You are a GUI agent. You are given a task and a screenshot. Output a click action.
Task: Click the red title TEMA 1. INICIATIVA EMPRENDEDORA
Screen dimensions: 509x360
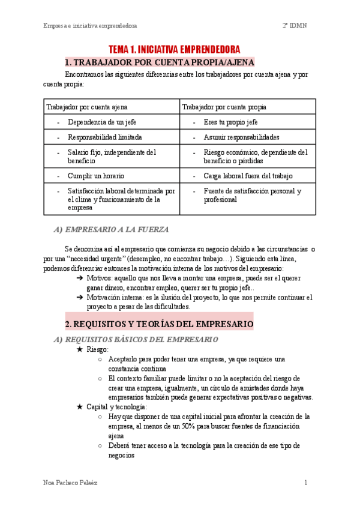pyautogui.click(x=174, y=49)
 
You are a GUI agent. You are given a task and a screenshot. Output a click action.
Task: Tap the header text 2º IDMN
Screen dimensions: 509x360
pyautogui.click(x=295, y=26)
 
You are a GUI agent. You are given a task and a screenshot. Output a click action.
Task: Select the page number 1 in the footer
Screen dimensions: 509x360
pyautogui.click(x=305, y=483)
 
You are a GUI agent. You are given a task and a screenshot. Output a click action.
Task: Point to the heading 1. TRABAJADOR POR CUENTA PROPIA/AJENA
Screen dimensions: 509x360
pyautogui.click(x=160, y=62)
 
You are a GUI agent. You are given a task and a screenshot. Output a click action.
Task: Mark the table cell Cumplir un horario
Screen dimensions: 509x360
pyautogui.click(x=95, y=176)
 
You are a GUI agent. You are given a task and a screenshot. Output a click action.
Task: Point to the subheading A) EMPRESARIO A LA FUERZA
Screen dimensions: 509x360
pyautogui.click(x=111, y=229)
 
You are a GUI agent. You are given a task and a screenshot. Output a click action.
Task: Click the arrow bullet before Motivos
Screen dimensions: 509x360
pyautogui.click(x=80, y=279)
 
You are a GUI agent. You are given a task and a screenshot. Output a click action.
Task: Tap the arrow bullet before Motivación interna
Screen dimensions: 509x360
pyautogui.click(x=80, y=297)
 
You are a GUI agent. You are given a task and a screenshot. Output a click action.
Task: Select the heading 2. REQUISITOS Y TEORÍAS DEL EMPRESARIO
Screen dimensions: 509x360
pyautogui.click(x=159, y=324)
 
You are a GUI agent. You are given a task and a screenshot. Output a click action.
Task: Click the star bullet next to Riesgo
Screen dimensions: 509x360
pyautogui.click(x=80, y=349)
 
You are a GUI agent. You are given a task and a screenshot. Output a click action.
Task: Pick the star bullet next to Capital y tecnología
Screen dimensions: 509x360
pyautogui.click(x=80, y=407)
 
